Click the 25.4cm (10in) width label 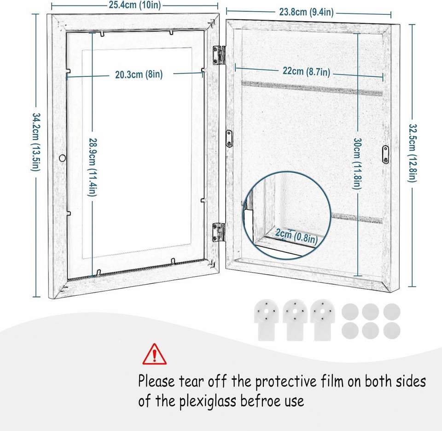134,5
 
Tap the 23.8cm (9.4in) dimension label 306,12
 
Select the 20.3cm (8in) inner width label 139,75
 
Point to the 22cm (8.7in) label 306,71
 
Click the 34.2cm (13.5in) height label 36,142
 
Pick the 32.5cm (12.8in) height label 412,153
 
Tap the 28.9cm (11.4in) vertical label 93,167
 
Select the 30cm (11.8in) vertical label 357,164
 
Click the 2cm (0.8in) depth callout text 296,236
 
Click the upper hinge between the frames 219,55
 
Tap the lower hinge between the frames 219,232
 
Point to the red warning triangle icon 154,354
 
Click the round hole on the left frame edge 63,158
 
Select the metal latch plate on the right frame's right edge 385,155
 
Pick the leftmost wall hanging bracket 267,320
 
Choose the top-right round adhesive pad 392,311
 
